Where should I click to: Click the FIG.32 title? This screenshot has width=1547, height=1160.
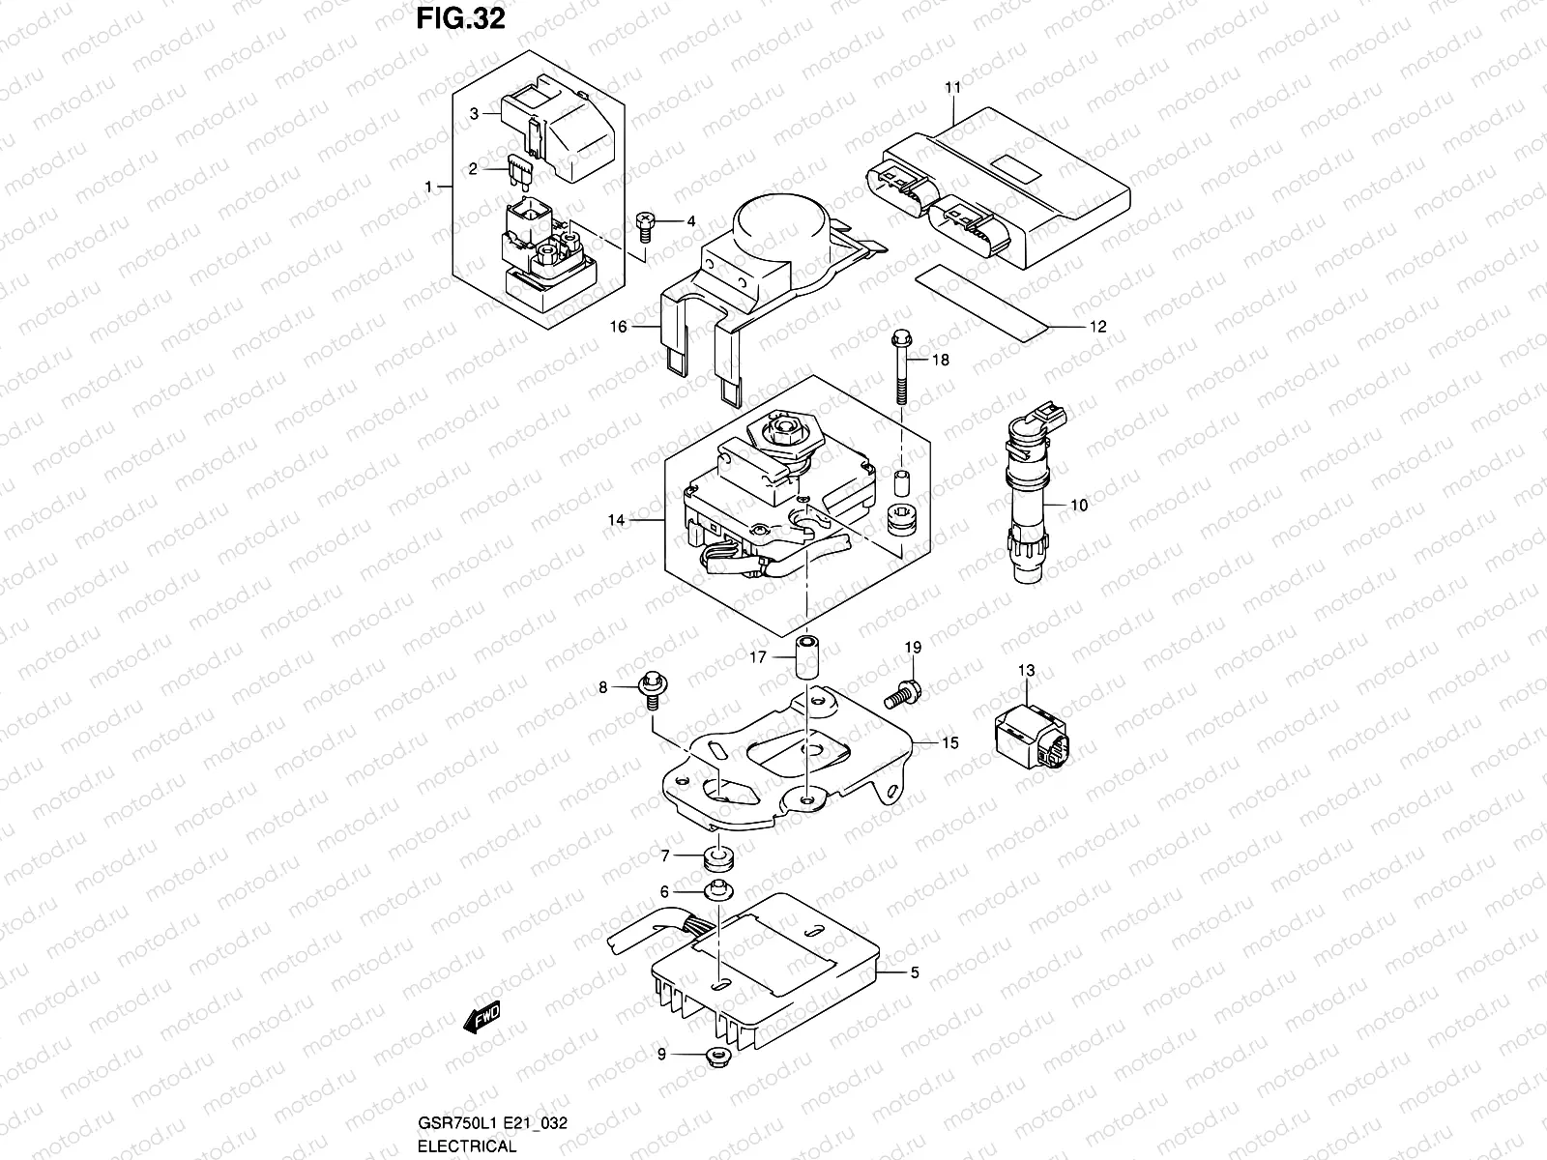click(460, 19)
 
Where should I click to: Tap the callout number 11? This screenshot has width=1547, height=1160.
click(952, 88)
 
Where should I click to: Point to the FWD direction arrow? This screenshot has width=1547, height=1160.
click(481, 1016)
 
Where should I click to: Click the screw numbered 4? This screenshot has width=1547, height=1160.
click(647, 226)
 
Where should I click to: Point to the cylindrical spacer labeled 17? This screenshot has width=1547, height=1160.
click(805, 657)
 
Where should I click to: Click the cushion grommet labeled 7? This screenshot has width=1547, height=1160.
click(717, 855)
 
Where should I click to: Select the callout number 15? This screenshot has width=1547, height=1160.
click(949, 742)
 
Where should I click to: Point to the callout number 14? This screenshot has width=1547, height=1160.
click(616, 520)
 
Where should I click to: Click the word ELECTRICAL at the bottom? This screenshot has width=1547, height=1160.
click(467, 1146)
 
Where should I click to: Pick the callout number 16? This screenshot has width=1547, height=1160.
click(618, 327)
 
